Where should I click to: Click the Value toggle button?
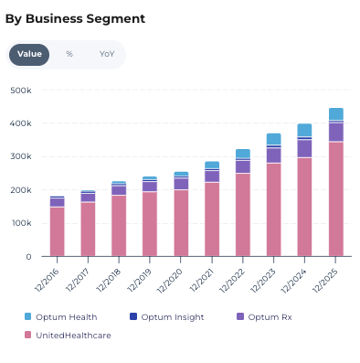coord(29,55)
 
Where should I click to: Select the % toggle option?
coord(69,54)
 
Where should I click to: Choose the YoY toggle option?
coord(107,54)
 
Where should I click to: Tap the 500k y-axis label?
coord(21,91)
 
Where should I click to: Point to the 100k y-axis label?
coord(21,223)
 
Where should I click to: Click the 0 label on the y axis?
coord(28,257)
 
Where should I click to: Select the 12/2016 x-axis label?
coord(47,281)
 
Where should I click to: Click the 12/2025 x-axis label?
coord(325,281)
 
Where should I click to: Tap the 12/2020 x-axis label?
coord(169,281)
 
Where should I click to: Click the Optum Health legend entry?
coord(60,317)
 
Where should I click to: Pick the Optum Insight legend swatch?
coord(133,316)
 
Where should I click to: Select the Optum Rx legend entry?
coord(264,317)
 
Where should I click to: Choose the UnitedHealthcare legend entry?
coord(68,336)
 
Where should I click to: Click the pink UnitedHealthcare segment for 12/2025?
coord(336,199)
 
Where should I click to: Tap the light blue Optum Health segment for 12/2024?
coord(304,130)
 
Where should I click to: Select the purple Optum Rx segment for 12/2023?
coord(273,155)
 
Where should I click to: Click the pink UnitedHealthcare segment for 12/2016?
coord(58,231)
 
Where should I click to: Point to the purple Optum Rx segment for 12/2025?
coord(336,133)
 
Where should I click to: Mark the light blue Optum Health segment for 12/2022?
coord(243,154)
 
